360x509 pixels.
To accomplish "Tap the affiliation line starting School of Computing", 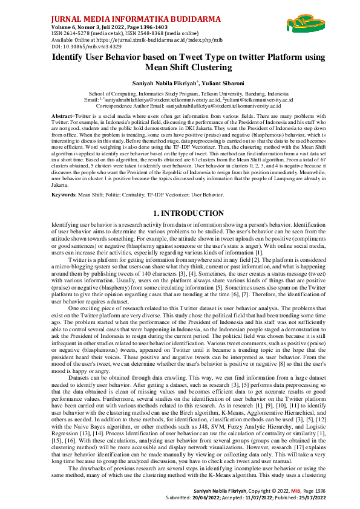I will [x=180, y=95].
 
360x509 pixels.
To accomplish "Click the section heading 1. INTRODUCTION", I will [x=180, y=196].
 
